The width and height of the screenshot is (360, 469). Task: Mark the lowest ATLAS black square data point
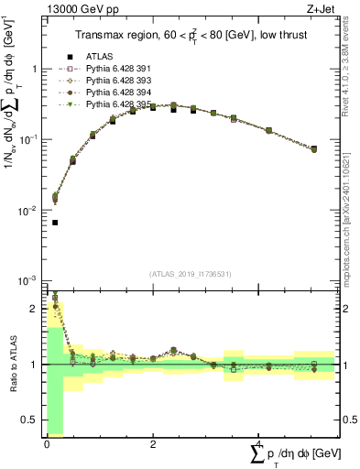click(55, 223)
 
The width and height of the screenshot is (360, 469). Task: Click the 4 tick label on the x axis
click(259, 444)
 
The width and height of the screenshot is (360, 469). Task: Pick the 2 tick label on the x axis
click(153, 444)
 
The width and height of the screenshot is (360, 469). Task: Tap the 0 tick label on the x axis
click(47, 444)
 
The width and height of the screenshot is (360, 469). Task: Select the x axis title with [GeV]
click(293, 454)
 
